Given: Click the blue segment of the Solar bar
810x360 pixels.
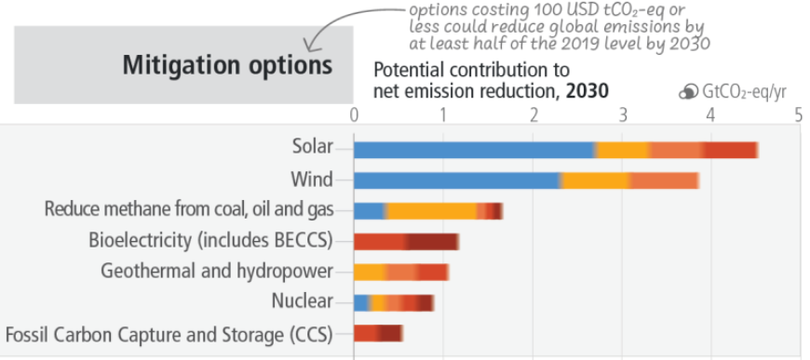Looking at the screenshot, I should click(x=474, y=150).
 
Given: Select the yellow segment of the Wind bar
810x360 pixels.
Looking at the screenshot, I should click(x=596, y=180).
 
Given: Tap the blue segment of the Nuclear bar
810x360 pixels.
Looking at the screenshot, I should click(x=361, y=302).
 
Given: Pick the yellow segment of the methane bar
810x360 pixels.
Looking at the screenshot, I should click(x=430, y=211).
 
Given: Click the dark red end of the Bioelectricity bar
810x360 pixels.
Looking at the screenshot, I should click(x=433, y=242).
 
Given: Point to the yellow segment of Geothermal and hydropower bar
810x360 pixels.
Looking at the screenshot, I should click(x=371, y=272).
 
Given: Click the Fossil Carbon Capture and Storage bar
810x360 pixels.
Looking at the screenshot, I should click(x=378, y=333).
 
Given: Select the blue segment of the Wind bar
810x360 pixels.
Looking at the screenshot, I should click(x=456, y=180).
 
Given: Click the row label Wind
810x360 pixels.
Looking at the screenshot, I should click(x=311, y=180).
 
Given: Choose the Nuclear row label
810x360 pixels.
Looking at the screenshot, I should click(x=302, y=301).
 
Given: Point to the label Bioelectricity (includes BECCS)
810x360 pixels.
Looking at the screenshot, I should click(x=210, y=240).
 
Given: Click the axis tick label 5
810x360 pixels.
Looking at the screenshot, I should click(x=798, y=113).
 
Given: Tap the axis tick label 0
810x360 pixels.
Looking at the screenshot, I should click(x=354, y=113).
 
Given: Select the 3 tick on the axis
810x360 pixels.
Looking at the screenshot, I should click(x=621, y=113).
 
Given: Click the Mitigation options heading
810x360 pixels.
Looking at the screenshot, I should click(x=227, y=66).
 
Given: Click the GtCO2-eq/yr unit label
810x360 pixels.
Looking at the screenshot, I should click(x=747, y=91).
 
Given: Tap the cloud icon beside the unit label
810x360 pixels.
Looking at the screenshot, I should click(x=688, y=91).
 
